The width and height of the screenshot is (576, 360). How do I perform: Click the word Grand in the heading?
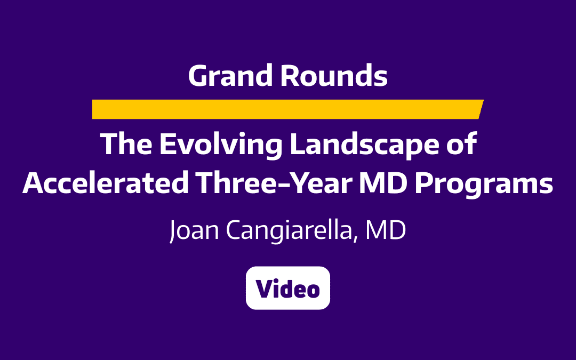point(230,76)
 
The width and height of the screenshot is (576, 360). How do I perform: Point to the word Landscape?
point(355,145)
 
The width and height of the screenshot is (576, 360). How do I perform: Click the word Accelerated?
point(106,183)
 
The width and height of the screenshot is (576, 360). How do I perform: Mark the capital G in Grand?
point(198,76)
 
